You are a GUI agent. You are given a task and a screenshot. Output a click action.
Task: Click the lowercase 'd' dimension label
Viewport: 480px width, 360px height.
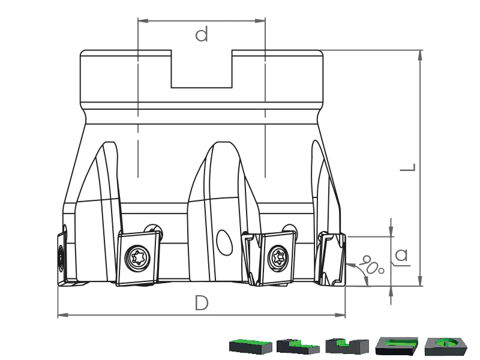[x=202, y=34]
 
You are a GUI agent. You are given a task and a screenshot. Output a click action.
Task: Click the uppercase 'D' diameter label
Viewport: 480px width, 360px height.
[x=202, y=303]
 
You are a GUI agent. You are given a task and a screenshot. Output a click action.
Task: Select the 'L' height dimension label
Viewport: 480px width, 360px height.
[x=408, y=167]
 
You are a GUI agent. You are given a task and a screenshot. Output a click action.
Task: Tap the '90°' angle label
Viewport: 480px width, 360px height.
[x=371, y=264]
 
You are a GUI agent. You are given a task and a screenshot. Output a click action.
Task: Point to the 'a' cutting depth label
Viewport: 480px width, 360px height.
[x=401, y=254]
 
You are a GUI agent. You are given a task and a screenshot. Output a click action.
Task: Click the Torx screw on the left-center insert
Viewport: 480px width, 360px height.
[x=137, y=258]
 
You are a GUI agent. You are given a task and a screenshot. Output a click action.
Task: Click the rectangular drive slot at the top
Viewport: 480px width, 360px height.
[x=202, y=69]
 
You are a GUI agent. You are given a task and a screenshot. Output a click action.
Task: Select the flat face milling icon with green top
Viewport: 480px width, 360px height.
[x=250, y=346]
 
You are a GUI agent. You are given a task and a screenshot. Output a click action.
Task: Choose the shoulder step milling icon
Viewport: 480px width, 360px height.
[x=298, y=346]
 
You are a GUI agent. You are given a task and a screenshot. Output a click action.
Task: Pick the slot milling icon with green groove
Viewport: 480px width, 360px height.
[x=347, y=346]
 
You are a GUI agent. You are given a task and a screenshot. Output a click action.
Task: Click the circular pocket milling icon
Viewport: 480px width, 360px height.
[x=446, y=346]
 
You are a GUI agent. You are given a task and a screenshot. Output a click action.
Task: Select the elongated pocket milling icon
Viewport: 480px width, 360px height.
[x=397, y=346]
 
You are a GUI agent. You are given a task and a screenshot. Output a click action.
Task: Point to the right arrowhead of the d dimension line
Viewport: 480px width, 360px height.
[x=260, y=21]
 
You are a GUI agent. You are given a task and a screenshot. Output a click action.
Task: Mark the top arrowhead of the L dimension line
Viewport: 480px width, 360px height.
[x=421, y=55]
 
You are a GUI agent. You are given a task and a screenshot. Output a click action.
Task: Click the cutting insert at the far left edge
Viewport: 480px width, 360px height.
[x=62, y=259]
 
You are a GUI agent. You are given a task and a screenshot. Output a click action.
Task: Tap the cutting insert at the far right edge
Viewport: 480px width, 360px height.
[x=332, y=259]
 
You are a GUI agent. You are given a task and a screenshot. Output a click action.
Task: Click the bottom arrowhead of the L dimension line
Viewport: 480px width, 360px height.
[x=421, y=281]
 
